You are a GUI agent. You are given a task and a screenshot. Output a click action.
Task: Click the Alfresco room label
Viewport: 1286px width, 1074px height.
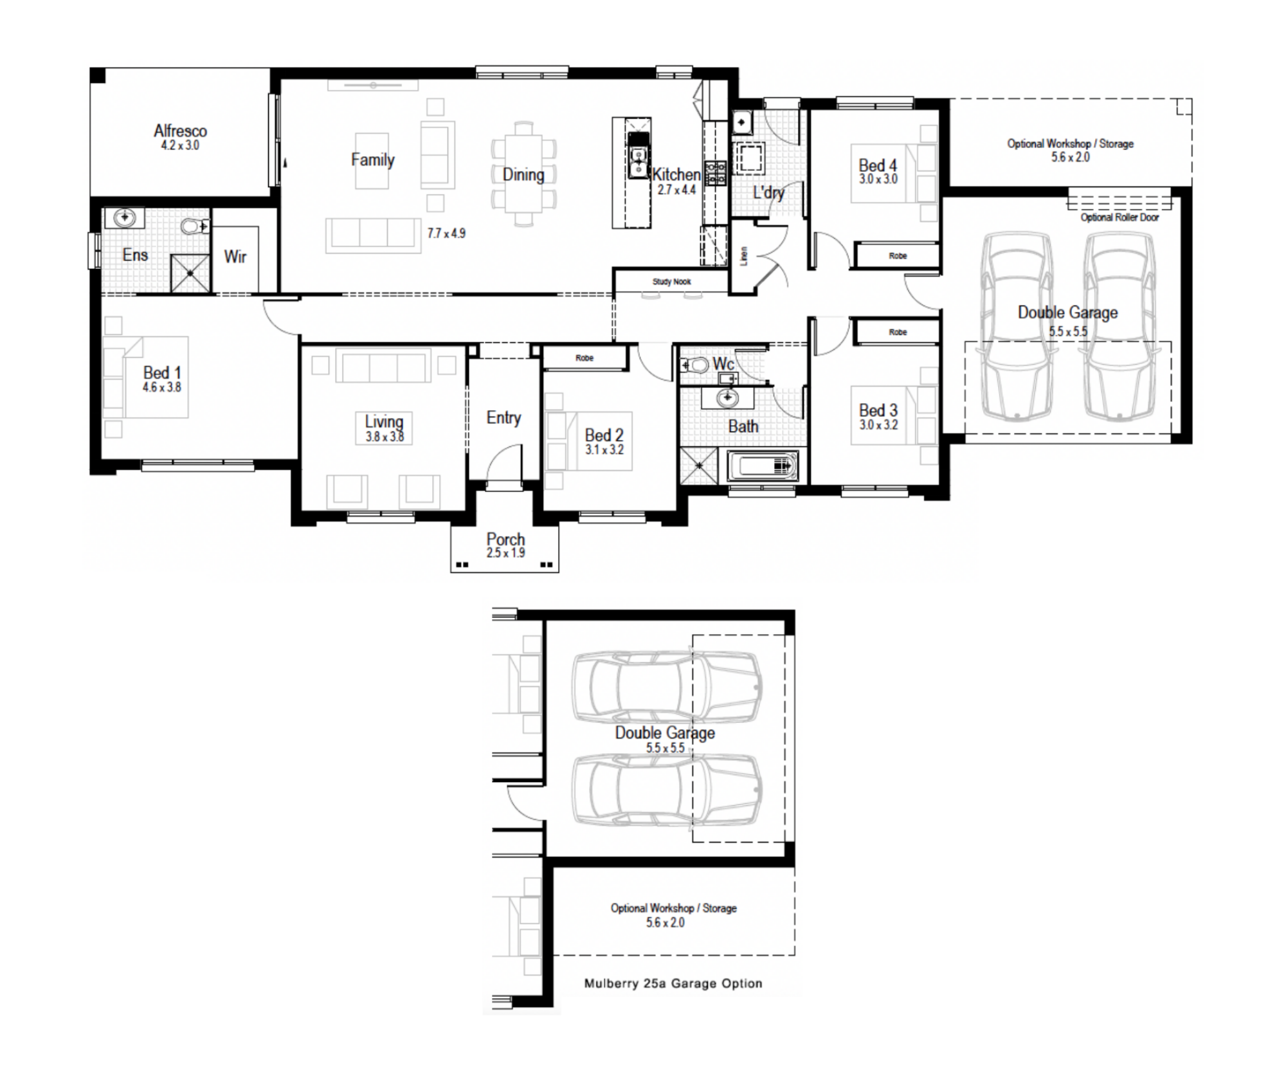(180, 131)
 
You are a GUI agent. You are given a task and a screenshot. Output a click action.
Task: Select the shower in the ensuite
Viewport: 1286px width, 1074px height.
(190, 273)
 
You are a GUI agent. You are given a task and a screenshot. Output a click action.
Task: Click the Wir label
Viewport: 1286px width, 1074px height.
(235, 257)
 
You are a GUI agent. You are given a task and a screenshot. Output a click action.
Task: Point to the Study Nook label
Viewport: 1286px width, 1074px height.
(671, 282)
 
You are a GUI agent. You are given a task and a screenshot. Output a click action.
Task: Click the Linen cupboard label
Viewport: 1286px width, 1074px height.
(744, 256)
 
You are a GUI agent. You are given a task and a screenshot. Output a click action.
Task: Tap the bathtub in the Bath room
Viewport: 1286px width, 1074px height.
(763, 465)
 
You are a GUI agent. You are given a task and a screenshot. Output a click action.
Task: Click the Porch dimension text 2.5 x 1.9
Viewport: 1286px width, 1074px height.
(505, 553)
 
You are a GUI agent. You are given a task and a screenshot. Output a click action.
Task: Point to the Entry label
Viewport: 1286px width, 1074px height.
(503, 418)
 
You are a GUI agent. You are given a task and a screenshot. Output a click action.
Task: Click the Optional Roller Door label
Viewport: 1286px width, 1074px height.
(1119, 217)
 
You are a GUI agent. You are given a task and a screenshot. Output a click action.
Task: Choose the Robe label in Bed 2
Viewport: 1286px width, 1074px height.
(584, 358)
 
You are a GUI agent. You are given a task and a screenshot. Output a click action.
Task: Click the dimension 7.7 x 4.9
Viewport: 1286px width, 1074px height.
(446, 233)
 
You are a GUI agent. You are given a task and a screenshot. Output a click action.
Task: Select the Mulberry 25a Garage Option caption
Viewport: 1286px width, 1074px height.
(673, 983)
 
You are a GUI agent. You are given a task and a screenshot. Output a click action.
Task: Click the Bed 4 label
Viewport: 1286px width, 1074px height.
(878, 165)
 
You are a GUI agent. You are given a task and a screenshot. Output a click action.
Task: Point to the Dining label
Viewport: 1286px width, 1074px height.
(523, 175)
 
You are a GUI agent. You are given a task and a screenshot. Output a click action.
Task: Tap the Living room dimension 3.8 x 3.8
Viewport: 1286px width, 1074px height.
(385, 437)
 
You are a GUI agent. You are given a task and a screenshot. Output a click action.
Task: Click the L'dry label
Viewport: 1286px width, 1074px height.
(769, 192)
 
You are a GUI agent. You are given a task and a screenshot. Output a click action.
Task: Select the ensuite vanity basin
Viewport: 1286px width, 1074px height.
(124, 219)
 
